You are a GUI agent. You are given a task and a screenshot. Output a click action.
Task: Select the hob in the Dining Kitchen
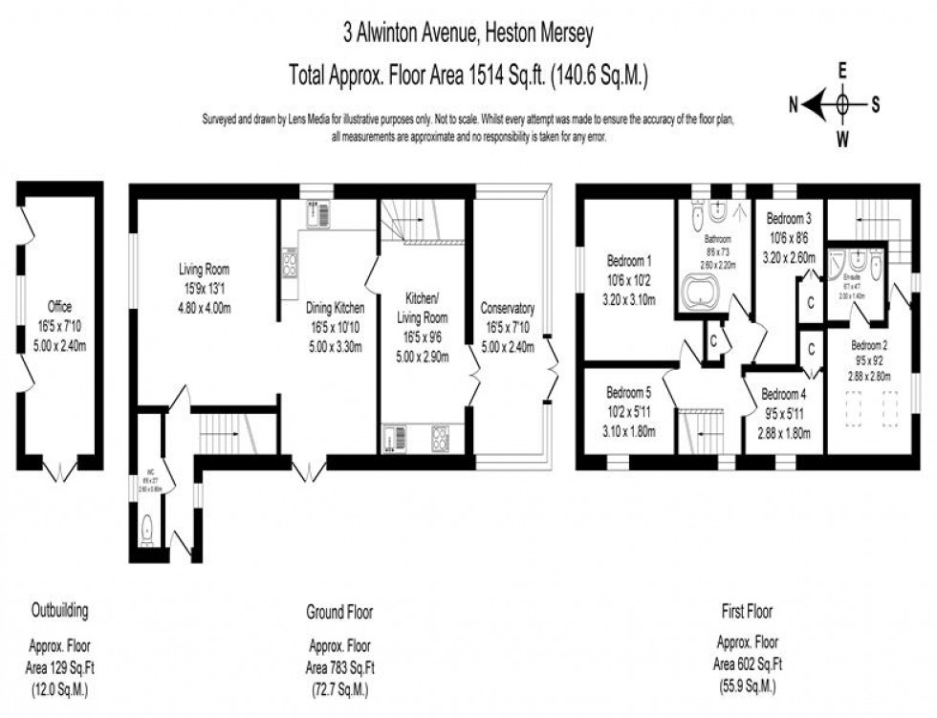click(290, 262)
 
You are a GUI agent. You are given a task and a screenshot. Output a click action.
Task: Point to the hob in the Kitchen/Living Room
click(442, 439)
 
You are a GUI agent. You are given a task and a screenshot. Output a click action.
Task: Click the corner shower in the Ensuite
click(839, 260)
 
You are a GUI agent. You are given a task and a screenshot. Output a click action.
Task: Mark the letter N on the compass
click(793, 105)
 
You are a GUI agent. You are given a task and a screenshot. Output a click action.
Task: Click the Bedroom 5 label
click(629, 389)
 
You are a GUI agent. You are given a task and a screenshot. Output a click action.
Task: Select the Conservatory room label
click(508, 309)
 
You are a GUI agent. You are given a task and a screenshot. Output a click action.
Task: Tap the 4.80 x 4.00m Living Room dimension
click(204, 309)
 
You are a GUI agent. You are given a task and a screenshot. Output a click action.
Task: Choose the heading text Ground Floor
click(339, 611)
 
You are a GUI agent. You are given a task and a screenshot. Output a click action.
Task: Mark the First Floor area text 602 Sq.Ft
click(747, 666)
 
